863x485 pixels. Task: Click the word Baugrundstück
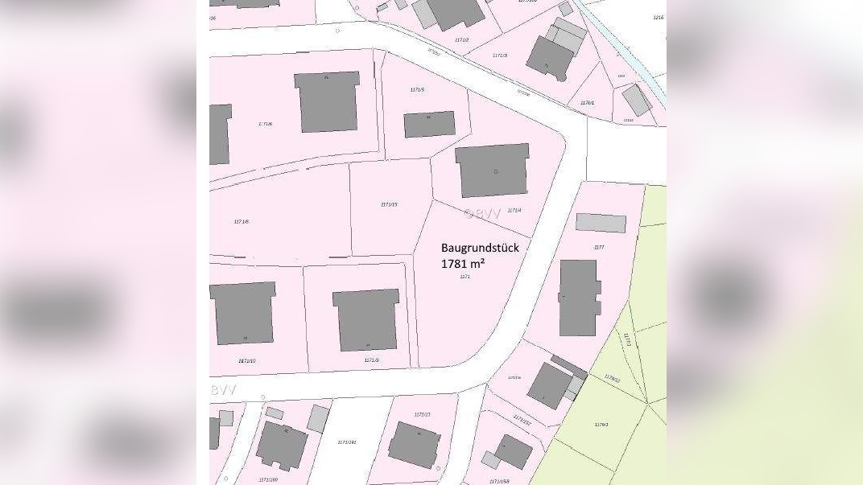coord(480,248)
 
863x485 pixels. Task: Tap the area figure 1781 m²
coord(468,263)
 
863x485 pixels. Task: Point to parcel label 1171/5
coord(417,89)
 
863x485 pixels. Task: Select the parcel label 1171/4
coord(514,210)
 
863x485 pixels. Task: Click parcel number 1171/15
coord(389,204)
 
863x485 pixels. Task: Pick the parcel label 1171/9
coord(371,360)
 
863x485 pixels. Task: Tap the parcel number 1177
coord(598,247)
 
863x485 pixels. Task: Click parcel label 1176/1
coord(587,102)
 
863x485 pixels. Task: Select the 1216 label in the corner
coord(658,17)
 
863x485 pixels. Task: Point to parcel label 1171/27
coord(422,414)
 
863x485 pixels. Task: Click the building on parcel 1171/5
coord(429,124)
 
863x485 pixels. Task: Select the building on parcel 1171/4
coord(493,170)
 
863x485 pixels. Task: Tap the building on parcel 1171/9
coord(366,319)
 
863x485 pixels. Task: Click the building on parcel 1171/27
coord(414,444)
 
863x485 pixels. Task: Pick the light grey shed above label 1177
coord(601,223)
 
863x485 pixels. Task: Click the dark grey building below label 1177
coord(580,298)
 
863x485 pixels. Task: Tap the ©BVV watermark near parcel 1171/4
coord(482,213)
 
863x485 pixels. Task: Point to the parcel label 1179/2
coord(601,424)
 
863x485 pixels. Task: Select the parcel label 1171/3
coord(499,55)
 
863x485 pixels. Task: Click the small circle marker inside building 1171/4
coord(496,171)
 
